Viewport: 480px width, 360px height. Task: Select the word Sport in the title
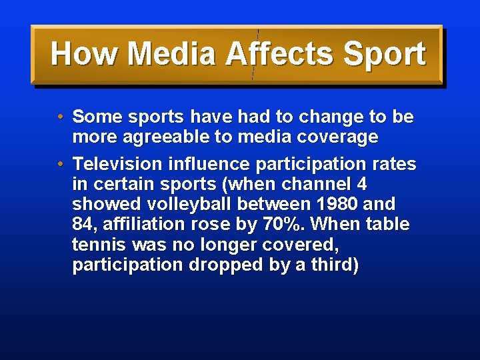click(x=384, y=54)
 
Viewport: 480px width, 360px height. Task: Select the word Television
click(x=117, y=164)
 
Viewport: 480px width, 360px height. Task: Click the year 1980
click(x=337, y=204)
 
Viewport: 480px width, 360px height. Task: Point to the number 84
click(x=82, y=225)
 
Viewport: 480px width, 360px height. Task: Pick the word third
click(x=336, y=265)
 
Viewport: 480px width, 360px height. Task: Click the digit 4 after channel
click(x=362, y=184)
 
